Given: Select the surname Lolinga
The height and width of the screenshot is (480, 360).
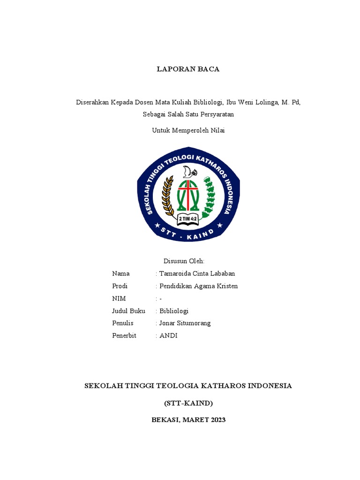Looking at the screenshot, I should pyautogui.click(x=263, y=102).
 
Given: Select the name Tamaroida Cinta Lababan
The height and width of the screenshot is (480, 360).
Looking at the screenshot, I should pyautogui.click(x=197, y=274).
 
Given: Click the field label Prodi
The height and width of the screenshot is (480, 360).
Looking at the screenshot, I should pyautogui.click(x=120, y=286).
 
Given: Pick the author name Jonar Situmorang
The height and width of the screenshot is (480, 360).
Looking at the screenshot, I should pyautogui.click(x=185, y=323).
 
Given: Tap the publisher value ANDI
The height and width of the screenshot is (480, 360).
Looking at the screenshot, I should pyautogui.click(x=168, y=336).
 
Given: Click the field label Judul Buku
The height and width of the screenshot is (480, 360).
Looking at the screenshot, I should pyautogui.click(x=128, y=311).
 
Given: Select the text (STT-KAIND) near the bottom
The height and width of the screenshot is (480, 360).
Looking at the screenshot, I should pyautogui.click(x=188, y=403).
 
